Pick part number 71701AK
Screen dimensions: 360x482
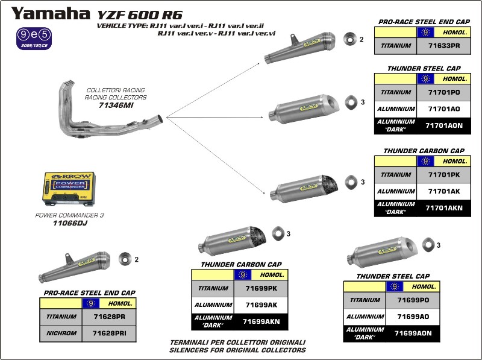click(x=445, y=191)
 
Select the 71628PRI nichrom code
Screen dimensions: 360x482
click(x=109, y=332)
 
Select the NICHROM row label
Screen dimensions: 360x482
click(x=62, y=332)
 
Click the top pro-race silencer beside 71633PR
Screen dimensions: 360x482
click(x=301, y=47)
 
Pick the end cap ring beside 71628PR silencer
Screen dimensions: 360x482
click(x=125, y=259)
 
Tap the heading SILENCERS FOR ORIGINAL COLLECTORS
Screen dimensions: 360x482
click(x=237, y=350)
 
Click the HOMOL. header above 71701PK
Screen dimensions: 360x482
click(x=455, y=161)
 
